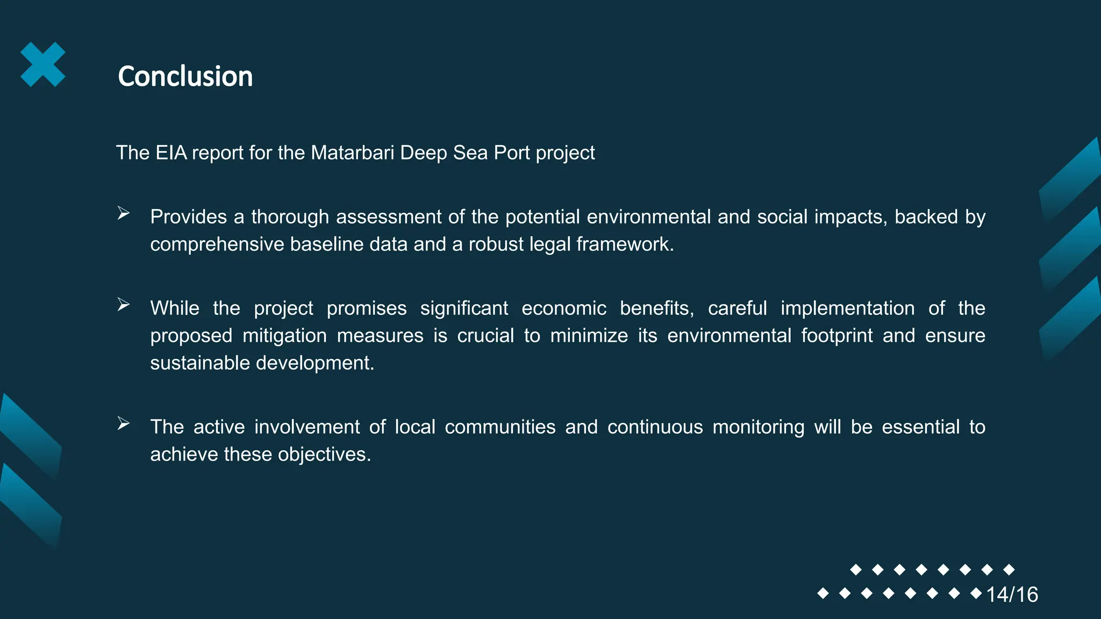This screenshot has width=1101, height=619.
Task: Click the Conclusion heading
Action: click(185, 76)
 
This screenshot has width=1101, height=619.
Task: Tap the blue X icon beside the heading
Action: click(43, 64)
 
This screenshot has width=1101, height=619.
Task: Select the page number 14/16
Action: click(1012, 594)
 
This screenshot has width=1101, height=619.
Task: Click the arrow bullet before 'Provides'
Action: click(124, 214)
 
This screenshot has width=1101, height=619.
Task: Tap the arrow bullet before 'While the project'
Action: click(124, 305)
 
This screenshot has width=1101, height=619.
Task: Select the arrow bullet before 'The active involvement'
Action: click(124, 424)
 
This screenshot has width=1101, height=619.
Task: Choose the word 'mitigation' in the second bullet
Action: click(284, 336)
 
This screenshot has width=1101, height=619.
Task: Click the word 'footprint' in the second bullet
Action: click(837, 336)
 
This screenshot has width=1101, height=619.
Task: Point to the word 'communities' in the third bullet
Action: click(500, 427)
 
